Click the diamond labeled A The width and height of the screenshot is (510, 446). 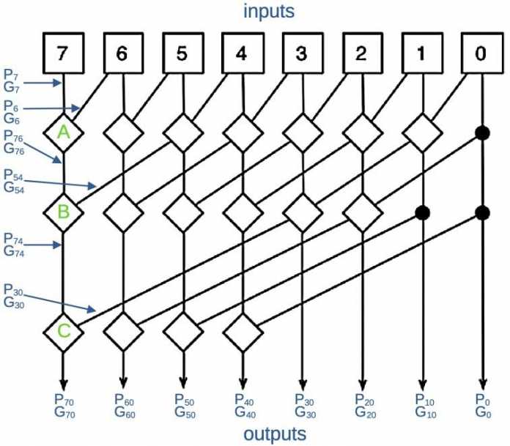point(64,133)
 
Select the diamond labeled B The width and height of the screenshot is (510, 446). point(64,213)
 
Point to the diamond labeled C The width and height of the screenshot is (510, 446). point(64,332)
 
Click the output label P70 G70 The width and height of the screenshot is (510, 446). point(65,405)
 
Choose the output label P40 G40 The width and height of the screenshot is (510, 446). point(244,405)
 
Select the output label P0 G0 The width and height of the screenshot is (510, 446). point(481,405)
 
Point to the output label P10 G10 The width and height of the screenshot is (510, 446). point(424,405)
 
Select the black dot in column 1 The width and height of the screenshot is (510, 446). point(421,212)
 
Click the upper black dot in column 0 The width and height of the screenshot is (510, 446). point(481,133)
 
